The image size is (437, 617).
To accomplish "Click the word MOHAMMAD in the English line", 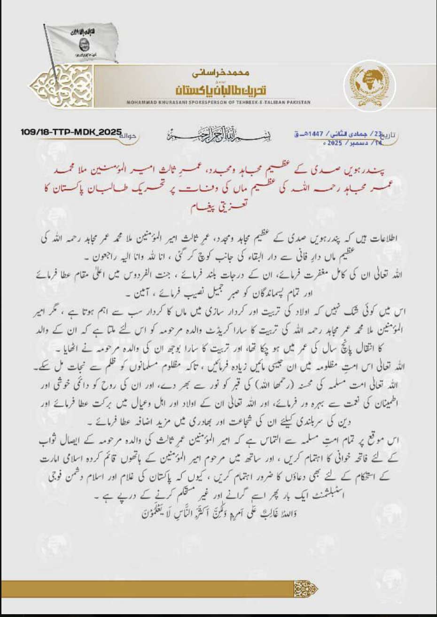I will click(x=141, y=102).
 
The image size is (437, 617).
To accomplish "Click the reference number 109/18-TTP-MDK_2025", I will click(x=71, y=133).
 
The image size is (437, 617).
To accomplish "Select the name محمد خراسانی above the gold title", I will click(x=220, y=73).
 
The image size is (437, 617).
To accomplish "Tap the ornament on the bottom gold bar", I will click(x=305, y=588).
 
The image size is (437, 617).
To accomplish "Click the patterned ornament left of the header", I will click(x=61, y=86).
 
